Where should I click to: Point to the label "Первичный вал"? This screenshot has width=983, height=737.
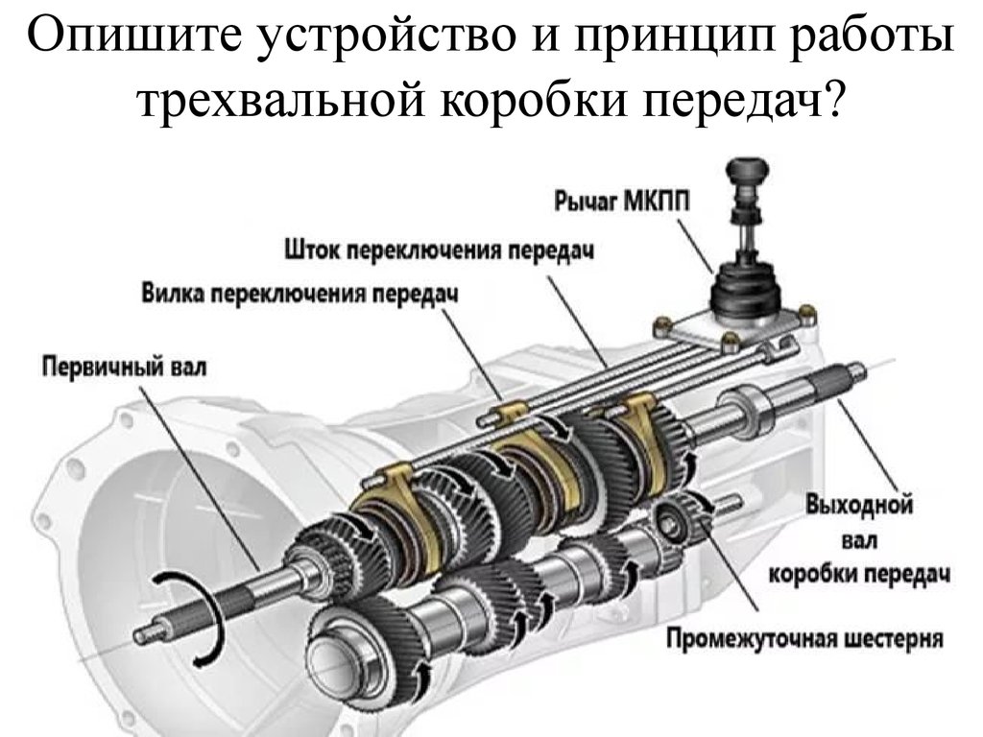[124, 366]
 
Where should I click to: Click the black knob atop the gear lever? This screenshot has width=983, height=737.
[743, 172]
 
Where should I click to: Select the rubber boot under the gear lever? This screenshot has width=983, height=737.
[746, 288]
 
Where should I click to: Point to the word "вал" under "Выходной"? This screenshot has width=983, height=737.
[859, 539]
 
